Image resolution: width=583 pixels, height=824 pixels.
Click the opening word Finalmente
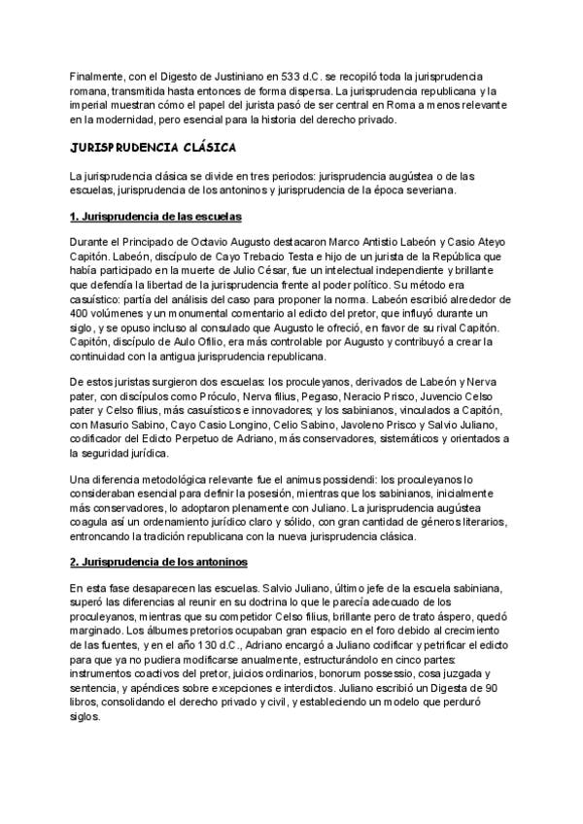(x=95, y=76)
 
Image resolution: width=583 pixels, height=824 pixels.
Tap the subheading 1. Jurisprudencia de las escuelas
(x=155, y=215)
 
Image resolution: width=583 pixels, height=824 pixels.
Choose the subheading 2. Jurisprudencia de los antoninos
(x=159, y=563)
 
